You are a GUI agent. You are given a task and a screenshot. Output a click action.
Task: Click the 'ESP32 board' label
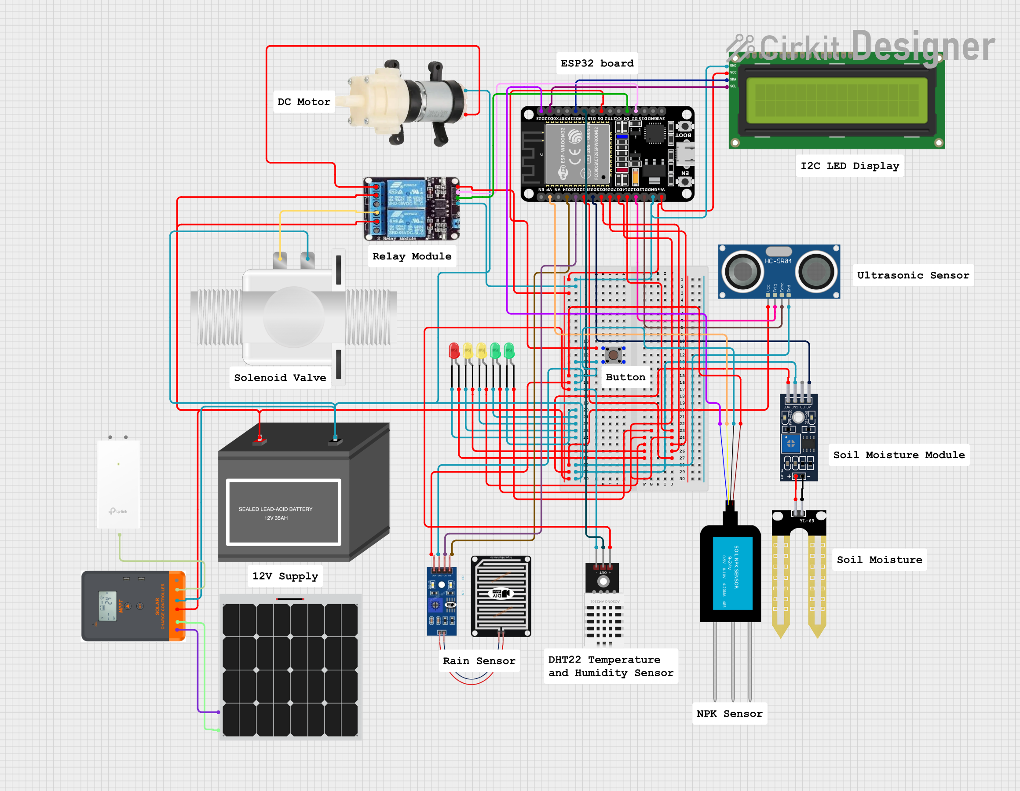click(597, 63)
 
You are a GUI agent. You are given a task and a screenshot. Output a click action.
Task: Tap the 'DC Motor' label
click(303, 102)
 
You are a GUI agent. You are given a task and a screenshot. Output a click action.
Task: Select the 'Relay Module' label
click(411, 256)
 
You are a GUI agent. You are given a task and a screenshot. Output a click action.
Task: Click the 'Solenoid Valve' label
click(280, 378)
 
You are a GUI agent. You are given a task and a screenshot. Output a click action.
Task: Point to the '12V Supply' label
click(285, 576)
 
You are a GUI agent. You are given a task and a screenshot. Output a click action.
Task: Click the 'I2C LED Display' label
click(849, 166)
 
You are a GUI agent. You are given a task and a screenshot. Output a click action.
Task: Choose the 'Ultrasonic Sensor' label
click(913, 276)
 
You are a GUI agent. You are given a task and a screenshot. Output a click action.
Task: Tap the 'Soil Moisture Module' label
click(899, 455)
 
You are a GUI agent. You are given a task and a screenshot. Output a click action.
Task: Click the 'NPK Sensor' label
click(729, 714)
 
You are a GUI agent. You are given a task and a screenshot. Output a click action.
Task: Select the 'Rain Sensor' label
click(479, 661)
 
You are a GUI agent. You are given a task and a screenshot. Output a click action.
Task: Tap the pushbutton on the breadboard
click(613, 355)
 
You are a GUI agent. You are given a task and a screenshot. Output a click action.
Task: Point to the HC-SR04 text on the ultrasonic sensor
click(778, 261)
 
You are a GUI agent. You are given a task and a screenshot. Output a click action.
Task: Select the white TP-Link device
click(118, 483)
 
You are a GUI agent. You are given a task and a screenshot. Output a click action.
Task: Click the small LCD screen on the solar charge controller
click(107, 605)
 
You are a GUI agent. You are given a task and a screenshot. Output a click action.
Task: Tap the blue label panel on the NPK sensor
click(732, 573)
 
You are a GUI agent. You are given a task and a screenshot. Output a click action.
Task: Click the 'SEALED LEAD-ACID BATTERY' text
click(275, 509)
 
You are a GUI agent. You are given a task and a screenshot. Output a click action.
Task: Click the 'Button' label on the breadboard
click(625, 377)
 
